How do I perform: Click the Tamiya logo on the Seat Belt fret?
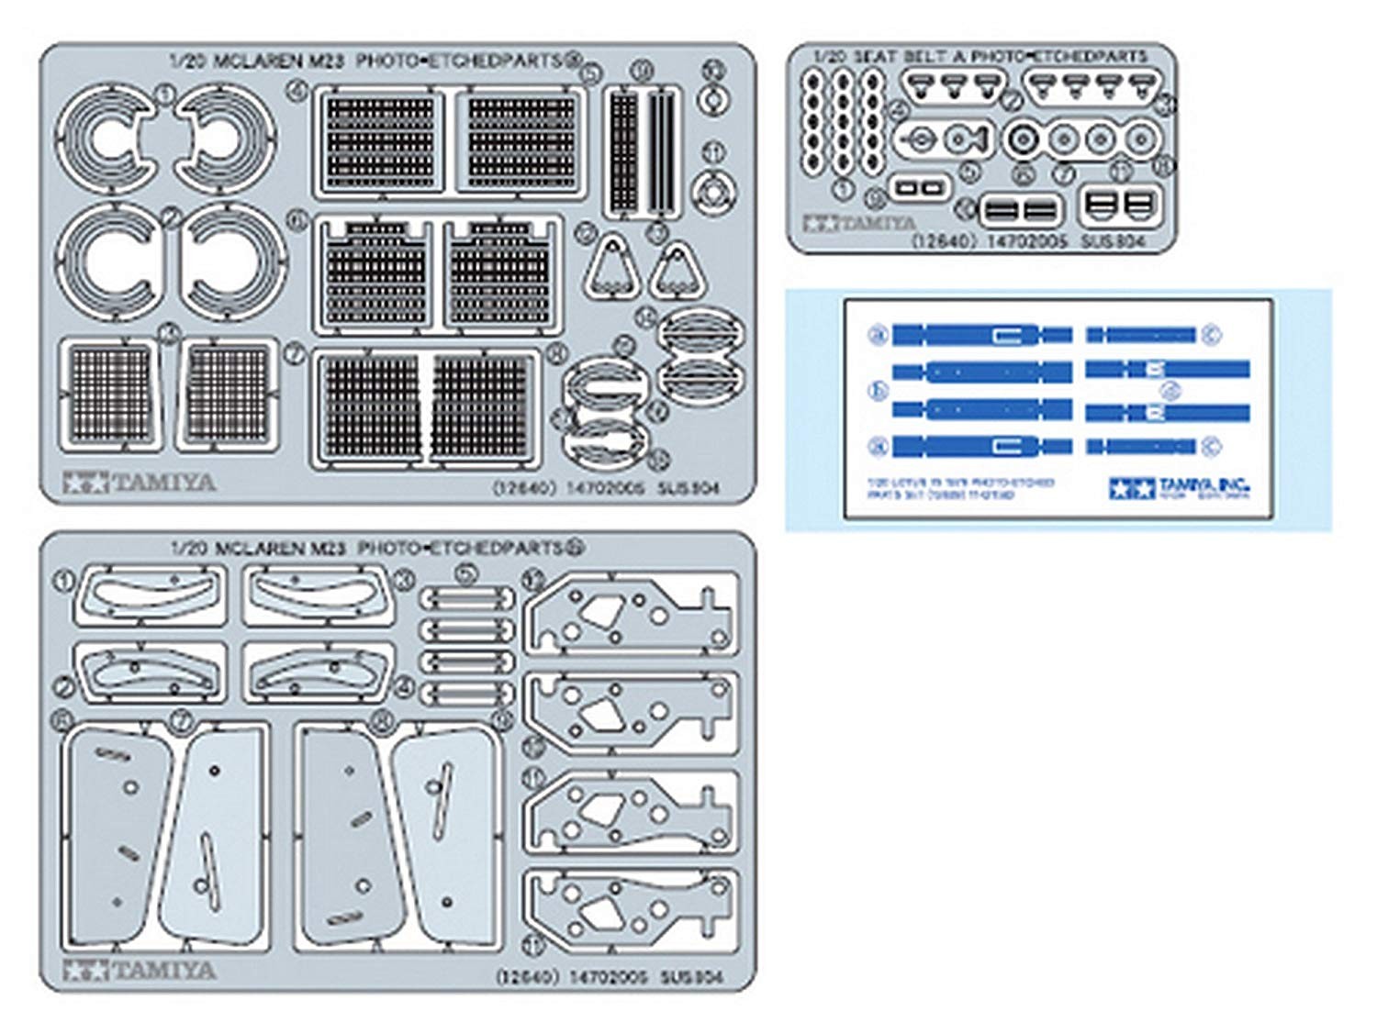[x=859, y=223]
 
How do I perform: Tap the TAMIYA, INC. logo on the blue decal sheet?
[x=1179, y=487]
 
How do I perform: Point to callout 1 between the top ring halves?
[x=165, y=94]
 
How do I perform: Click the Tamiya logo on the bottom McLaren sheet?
[x=140, y=970]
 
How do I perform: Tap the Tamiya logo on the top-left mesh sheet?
[x=140, y=482]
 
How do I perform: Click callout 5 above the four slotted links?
[x=467, y=575]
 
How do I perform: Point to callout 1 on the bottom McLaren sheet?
[x=63, y=581]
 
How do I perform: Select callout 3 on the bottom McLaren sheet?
[x=404, y=580]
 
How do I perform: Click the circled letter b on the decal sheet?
[x=878, y=391]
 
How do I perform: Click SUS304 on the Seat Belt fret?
[x=1113, y=241]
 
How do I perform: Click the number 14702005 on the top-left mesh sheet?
[x=606, y=488]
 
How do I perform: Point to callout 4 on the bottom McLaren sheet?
[x=404, y=685]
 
